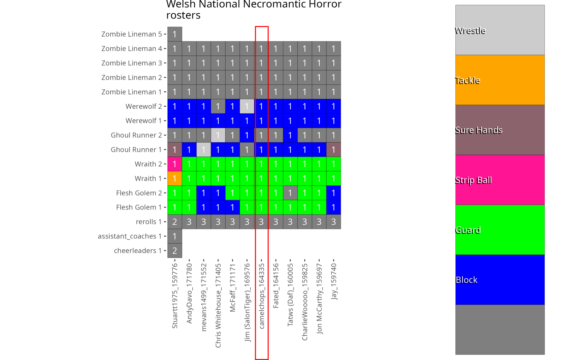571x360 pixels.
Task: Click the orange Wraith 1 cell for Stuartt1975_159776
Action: point(175,179)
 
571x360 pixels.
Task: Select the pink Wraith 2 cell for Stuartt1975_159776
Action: point(175,164)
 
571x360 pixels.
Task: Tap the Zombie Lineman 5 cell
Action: point(175,34)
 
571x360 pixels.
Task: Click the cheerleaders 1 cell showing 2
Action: point(175,251)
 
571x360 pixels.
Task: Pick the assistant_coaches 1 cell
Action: point(175,236)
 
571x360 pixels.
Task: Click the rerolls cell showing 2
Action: point(175,222)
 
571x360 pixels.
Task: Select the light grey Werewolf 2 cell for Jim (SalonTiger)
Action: point(247,106)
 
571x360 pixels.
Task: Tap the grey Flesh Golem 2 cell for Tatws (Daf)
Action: point(290,193)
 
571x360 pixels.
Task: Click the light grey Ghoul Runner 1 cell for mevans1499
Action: point(203,150)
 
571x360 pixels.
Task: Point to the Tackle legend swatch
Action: point(500,80)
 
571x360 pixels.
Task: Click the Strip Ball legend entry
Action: point(500,180)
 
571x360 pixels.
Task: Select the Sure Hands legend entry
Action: point(500,130)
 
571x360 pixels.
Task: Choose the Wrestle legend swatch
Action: point(500,30)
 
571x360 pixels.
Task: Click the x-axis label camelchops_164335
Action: point(261,296)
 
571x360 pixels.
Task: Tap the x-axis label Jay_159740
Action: point(334,281)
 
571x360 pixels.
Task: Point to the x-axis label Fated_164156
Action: point(276,286)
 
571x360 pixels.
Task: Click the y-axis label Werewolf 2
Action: point(144,106)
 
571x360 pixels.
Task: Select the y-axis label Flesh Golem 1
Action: point(139,207)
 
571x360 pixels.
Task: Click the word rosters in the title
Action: point(183,15)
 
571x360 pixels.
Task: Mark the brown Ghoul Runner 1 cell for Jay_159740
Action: point(333,150)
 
